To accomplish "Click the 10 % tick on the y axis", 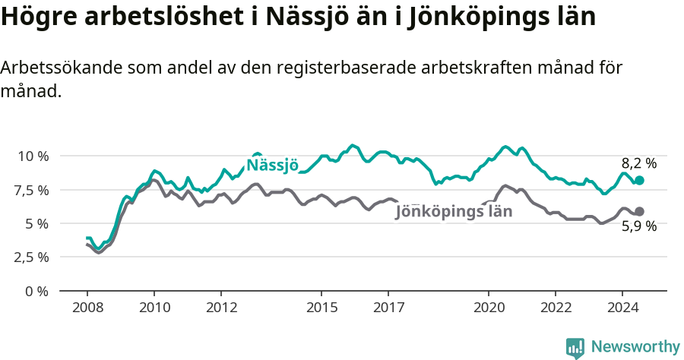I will pos(33,156).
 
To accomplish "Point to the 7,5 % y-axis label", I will pos(33,189).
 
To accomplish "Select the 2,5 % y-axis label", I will pos(33,257).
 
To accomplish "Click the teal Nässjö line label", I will pos(272,166).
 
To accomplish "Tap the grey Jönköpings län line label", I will pos(454,212).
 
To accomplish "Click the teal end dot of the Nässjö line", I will pos(639,180).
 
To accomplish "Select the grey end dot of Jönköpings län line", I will pos(639,211).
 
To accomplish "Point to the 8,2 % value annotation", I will pos(638,163).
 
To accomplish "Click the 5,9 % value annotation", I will pos(638,226).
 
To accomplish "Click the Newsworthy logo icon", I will pos(575,348).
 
